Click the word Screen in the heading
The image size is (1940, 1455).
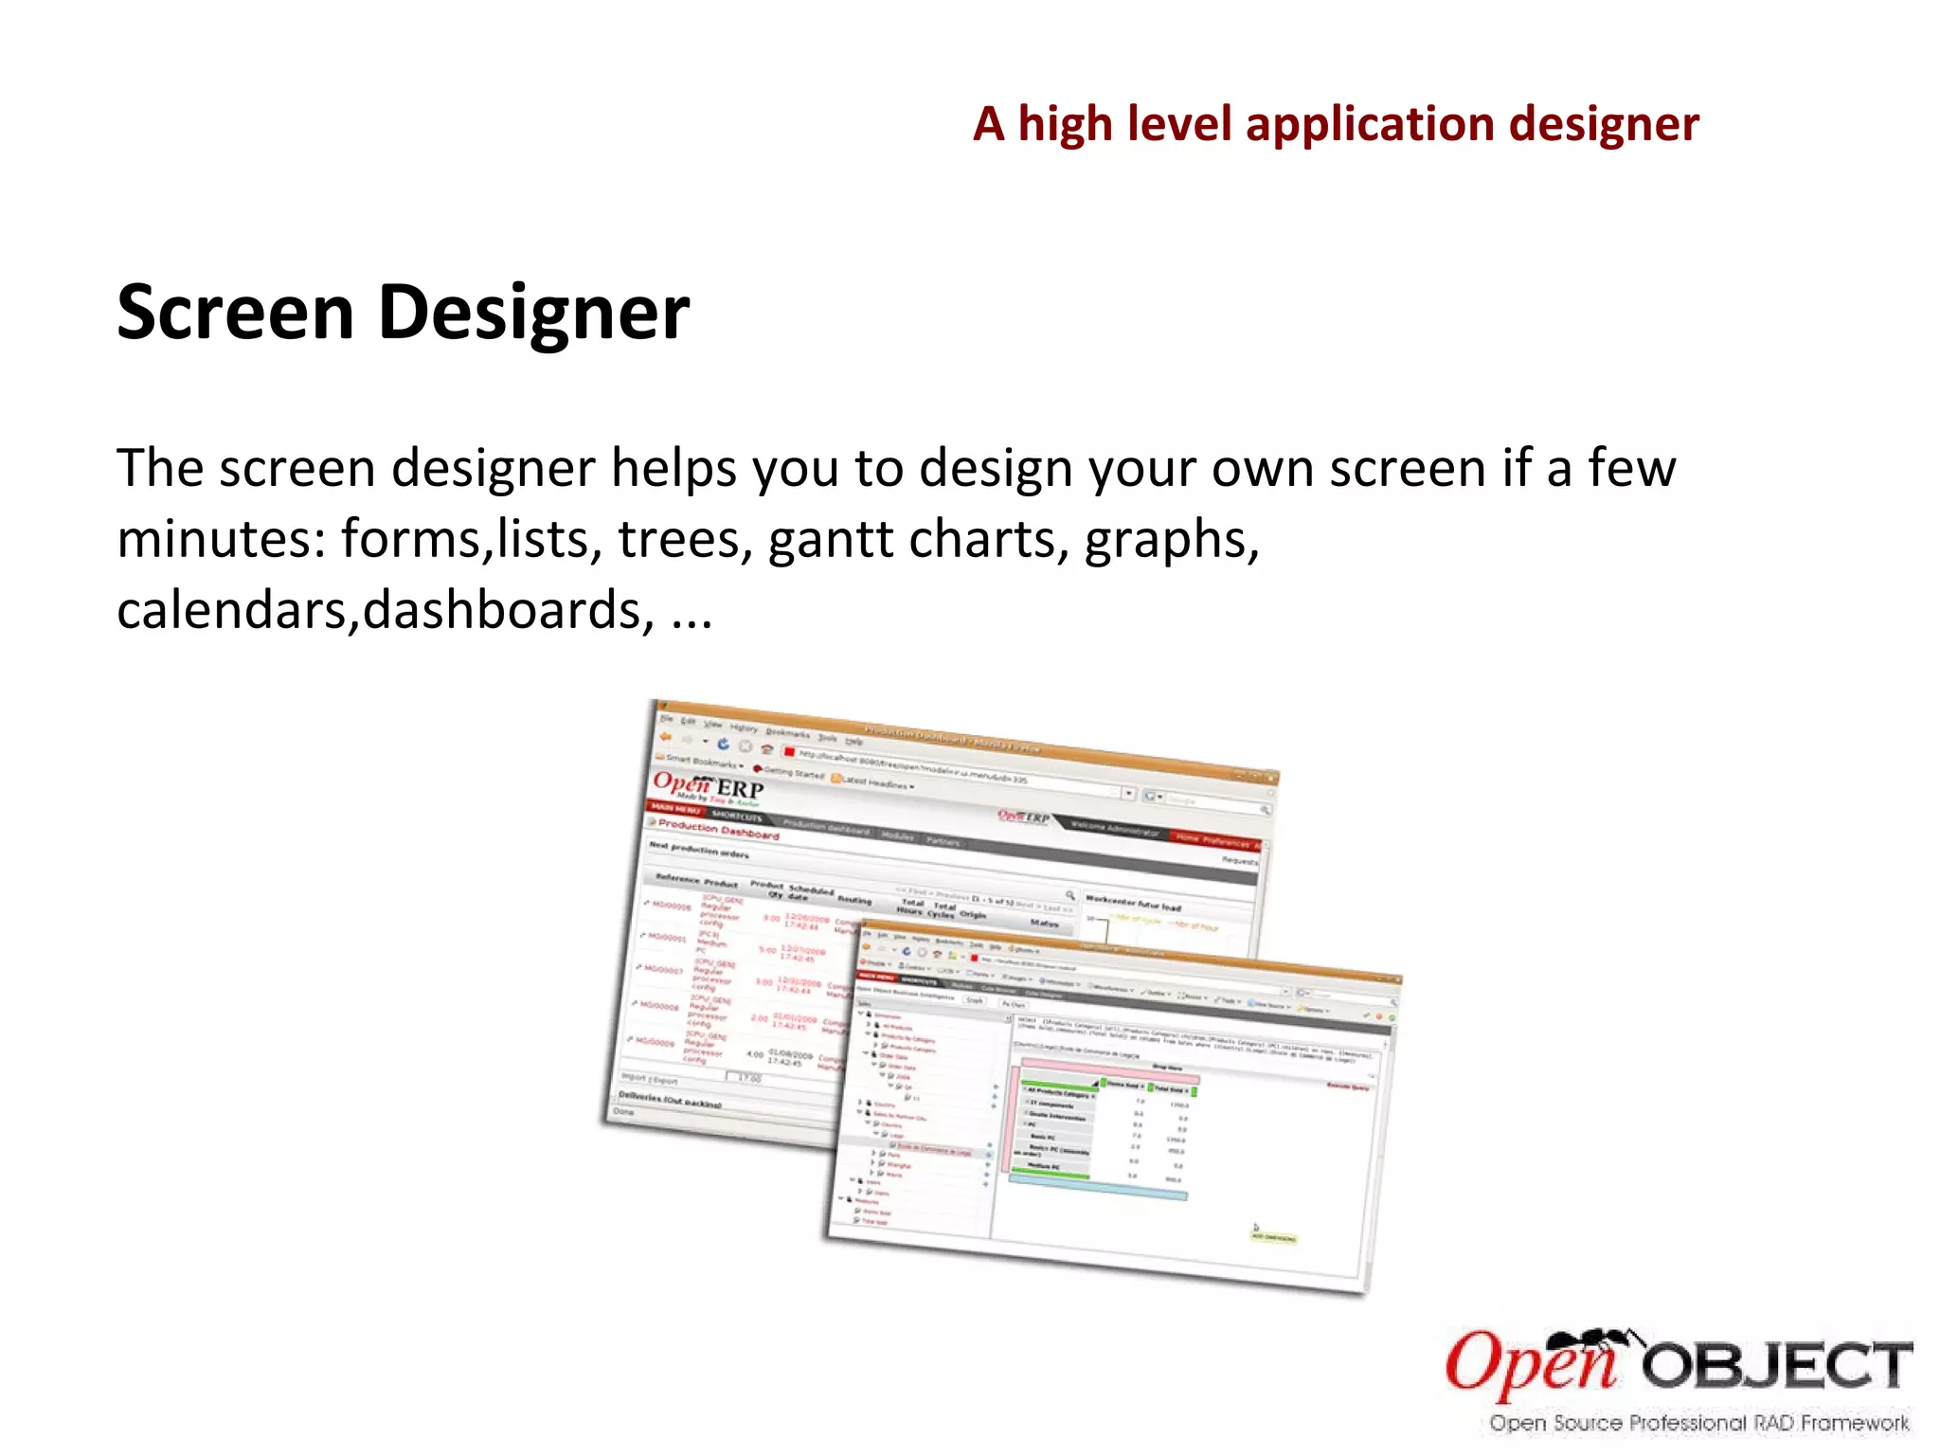pos(234,313)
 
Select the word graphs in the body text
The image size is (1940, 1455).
pos(1171,539)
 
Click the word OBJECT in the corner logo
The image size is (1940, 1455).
pos(1777,1367)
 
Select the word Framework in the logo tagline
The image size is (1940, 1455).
pos(1854,1423)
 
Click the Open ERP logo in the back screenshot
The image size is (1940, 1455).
pos(709,786)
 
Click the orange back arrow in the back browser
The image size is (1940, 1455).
pos(666,738)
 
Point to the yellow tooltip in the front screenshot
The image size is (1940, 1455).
pos(1273,1237)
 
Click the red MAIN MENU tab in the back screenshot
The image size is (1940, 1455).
pos(674,808)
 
